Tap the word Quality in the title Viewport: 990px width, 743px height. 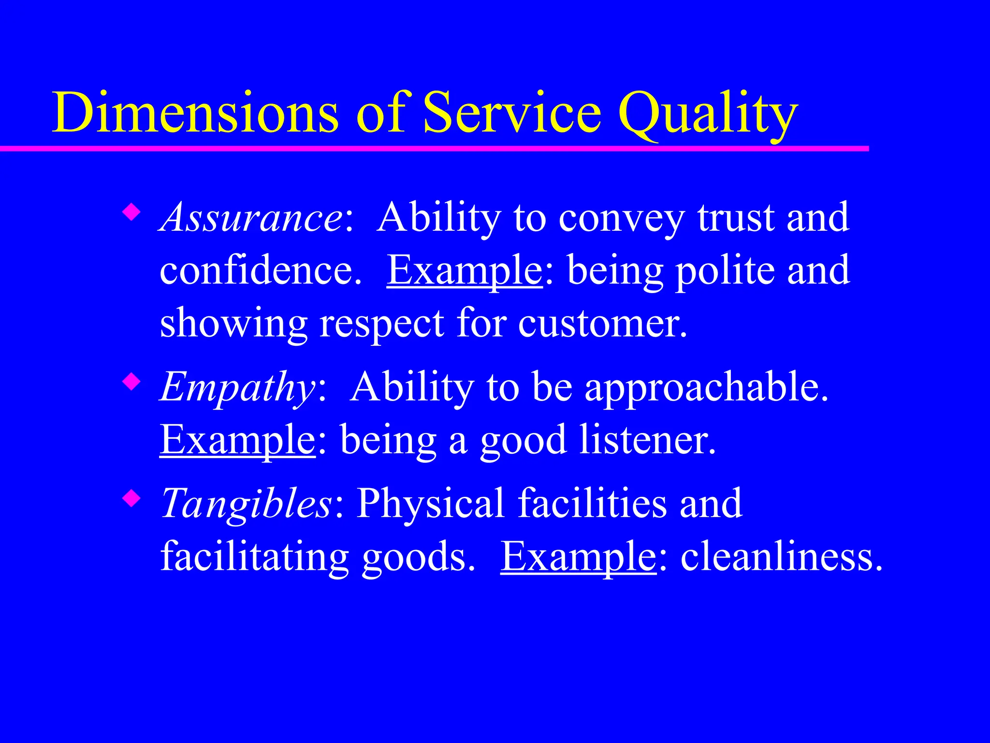(708, 114)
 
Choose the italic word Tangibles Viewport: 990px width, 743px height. (247, 504)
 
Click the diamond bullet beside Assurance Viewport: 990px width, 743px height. (131, 211)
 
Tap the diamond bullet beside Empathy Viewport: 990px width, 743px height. (131, 382)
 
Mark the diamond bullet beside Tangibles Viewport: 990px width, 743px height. (131, 498)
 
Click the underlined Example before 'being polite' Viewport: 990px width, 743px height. (465, 271)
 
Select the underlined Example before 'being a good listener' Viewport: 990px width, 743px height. (237, 440)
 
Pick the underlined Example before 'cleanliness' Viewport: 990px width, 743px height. (578, 557)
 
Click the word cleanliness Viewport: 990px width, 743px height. (781, 557)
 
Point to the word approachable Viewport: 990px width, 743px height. (706, 387)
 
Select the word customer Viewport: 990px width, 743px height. (602, 323)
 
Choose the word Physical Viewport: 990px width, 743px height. (430, 504)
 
